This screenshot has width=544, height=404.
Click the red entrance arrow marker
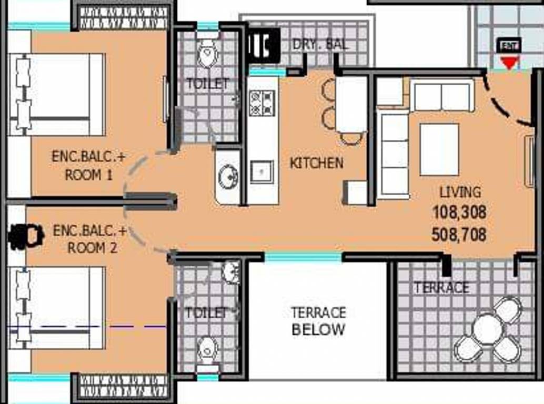tap(508, 64)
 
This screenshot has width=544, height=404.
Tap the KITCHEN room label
tap(316, 163)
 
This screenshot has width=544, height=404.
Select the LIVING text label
tap(460, 192)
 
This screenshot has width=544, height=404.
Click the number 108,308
tap(459, 212)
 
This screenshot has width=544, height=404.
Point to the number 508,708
tap(459, 234)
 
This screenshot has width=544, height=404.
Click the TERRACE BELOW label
tap(318, 321)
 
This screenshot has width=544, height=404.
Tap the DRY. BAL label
tap(320, 45)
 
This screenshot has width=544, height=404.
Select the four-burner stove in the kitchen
tap(262, 102)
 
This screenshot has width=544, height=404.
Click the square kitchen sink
tap(261, 171)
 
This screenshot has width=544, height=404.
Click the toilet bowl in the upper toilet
tap(208, 54)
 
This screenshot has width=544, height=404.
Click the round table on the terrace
tap(488, 329)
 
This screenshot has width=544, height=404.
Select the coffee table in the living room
tap(439, 149)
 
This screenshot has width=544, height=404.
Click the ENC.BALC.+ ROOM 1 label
tap(89, 166)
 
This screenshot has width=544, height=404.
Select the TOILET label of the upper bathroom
tap(208, 84)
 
